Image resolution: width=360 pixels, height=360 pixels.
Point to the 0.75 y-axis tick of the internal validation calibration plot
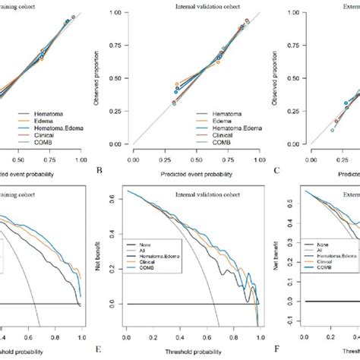[x=118, y=52]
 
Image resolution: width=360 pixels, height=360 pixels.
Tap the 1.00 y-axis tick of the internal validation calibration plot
[x=118, y=13]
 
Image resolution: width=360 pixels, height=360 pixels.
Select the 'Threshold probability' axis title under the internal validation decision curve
[x=194, y=352]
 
